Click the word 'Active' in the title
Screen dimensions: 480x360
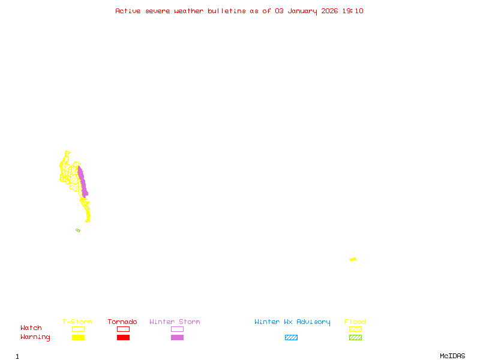128,11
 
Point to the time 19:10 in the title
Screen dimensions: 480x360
352,11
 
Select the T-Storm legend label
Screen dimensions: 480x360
77,322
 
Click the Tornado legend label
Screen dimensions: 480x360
122,322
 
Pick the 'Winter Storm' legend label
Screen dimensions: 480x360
175,322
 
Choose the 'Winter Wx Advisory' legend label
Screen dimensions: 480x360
292,322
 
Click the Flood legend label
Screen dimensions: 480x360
355,322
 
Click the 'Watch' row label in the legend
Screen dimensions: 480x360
31,328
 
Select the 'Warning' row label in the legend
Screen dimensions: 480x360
35,337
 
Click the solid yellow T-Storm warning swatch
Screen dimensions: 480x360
78,338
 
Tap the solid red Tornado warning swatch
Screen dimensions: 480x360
123,338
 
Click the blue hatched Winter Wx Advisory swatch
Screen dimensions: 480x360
291,338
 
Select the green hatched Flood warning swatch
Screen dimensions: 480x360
355,338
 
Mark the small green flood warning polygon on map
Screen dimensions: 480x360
78,230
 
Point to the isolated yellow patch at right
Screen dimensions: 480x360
353,259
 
